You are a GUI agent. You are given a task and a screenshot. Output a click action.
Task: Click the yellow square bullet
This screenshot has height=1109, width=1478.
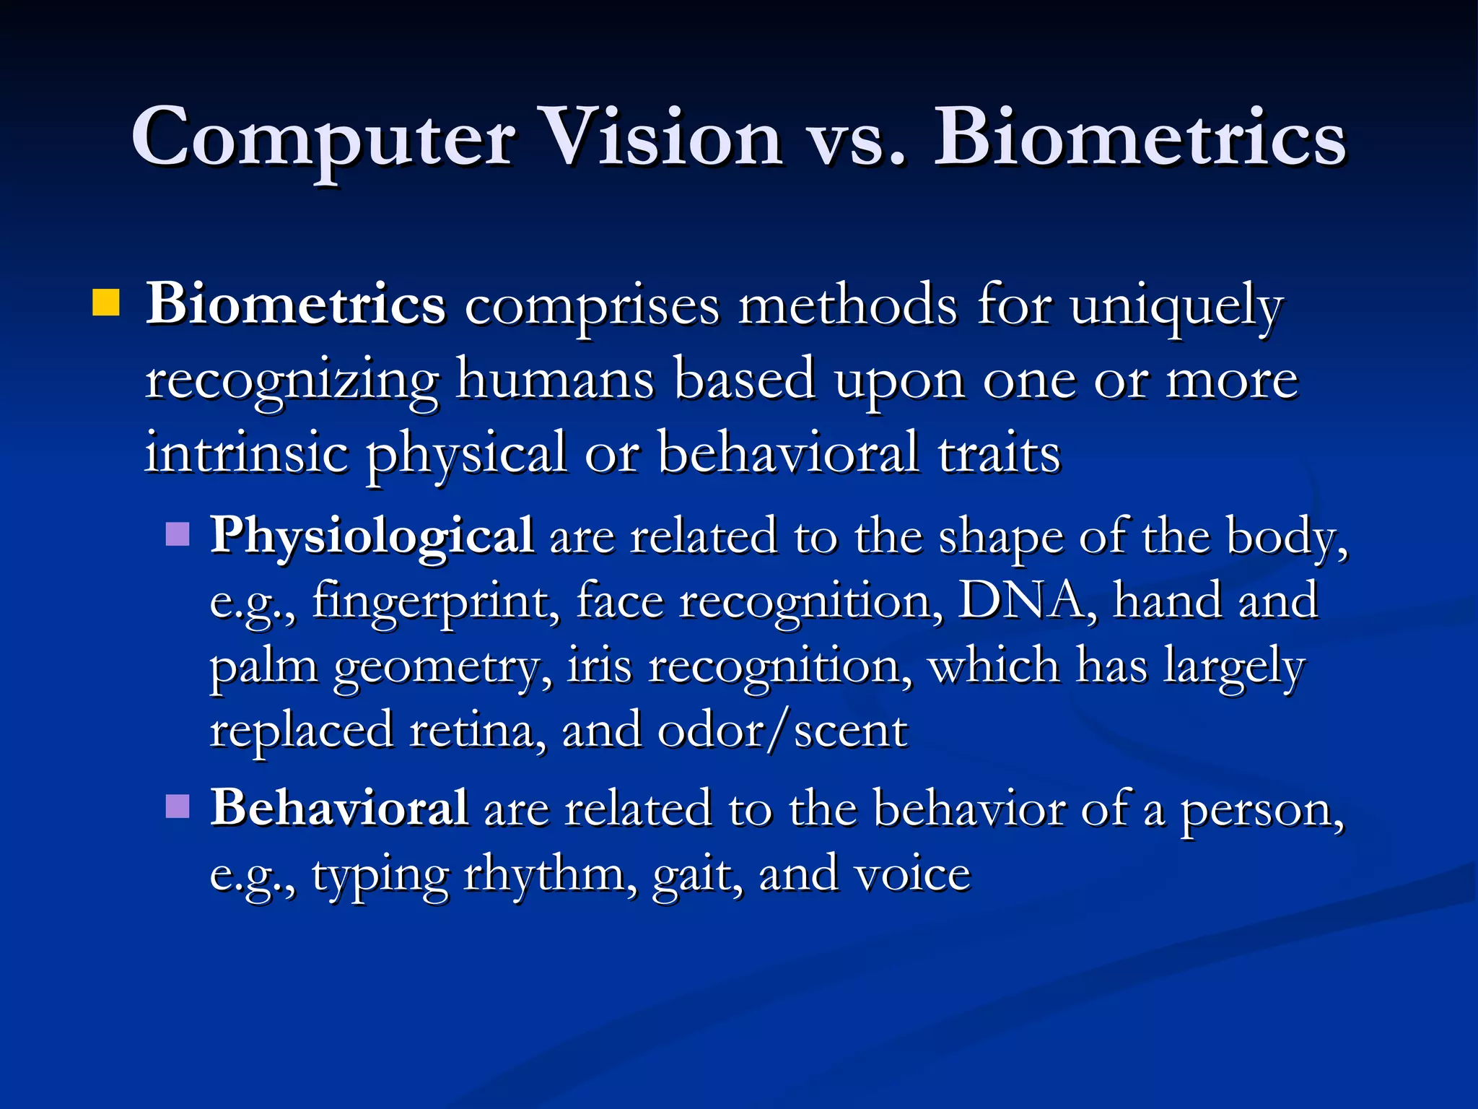106,303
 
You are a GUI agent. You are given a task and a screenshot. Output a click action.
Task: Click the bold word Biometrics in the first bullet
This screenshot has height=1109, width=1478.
296,305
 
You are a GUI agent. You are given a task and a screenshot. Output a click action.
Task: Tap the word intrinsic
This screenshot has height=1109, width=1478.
246,453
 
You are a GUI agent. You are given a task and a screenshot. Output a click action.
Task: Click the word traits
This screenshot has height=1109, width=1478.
999,453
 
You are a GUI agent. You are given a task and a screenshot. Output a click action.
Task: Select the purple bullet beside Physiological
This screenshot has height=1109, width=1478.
178,535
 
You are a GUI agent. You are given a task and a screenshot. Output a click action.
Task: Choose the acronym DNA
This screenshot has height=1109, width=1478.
1020,601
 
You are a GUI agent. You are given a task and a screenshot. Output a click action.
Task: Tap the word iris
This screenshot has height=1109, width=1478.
599,666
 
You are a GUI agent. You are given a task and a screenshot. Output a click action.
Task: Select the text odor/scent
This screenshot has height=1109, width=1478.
782,730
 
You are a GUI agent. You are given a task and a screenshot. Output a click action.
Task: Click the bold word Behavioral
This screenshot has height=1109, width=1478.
339,807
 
